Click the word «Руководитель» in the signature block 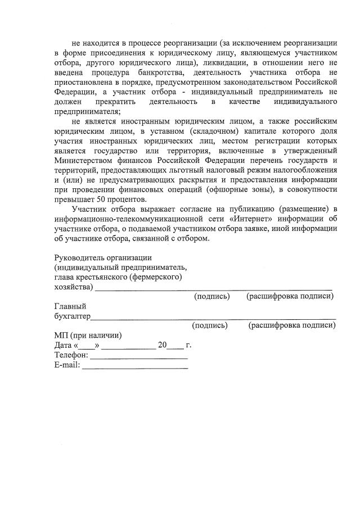[78, 257]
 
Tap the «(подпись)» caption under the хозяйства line [212, 296]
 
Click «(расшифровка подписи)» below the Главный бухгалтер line [292, 325]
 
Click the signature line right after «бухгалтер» [214, 318]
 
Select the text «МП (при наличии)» [88, 335]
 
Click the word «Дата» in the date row [63, 346]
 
